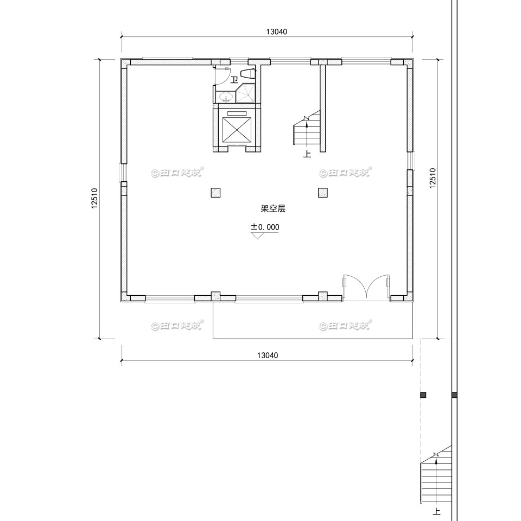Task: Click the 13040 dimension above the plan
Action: (276, 31)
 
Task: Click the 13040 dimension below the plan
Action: (267, 355)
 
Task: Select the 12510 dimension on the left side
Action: (94, 199)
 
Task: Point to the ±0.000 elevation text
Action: (265, 227)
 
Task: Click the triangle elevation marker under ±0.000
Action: (258, 235)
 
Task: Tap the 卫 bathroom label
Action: (234, 80)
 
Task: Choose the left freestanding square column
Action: (215, 193)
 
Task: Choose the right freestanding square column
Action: (323, 193)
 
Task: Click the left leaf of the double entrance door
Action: (354, 287)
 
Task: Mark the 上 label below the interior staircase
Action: (307, 154)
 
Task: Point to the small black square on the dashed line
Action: (423, 395)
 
